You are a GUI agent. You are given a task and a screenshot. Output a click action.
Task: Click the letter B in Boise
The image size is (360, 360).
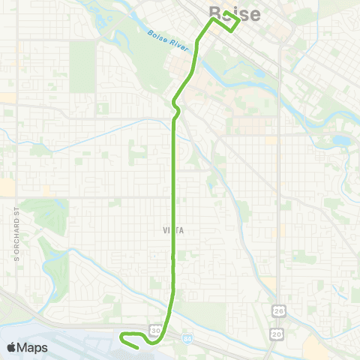(x=215, y=13)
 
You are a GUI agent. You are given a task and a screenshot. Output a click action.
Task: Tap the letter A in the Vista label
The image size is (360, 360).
(x=181, y=232)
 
